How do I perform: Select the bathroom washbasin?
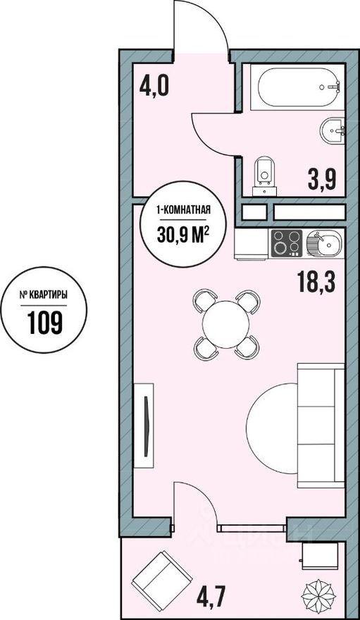tap(333, 130)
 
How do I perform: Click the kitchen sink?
tap(323, 244)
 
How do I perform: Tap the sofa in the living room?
tap(321, 426)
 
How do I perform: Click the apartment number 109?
tap(45, 322)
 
